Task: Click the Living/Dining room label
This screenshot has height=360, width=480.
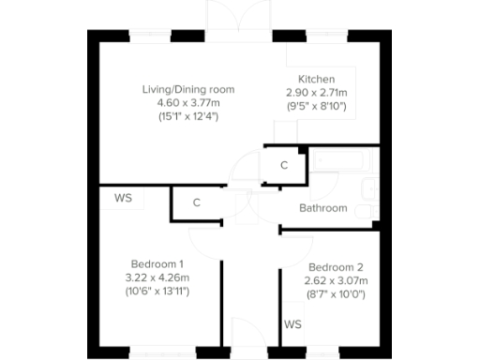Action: (x=187, y=89)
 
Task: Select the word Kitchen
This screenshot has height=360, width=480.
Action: (x=316, y=79)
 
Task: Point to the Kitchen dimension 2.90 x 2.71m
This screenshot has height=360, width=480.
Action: (x=316, y=93)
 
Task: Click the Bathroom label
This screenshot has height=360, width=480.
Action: (x=322, y=208)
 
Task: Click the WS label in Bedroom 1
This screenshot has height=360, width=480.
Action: (x=123, y=198)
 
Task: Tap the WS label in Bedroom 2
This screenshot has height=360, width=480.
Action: (x=292, y=324)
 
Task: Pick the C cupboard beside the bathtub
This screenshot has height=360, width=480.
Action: (x=284, y=165)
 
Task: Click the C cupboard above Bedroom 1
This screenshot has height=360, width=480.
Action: (x=197, y=202)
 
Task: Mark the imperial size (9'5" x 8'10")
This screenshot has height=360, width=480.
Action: (x=316, y=106)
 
